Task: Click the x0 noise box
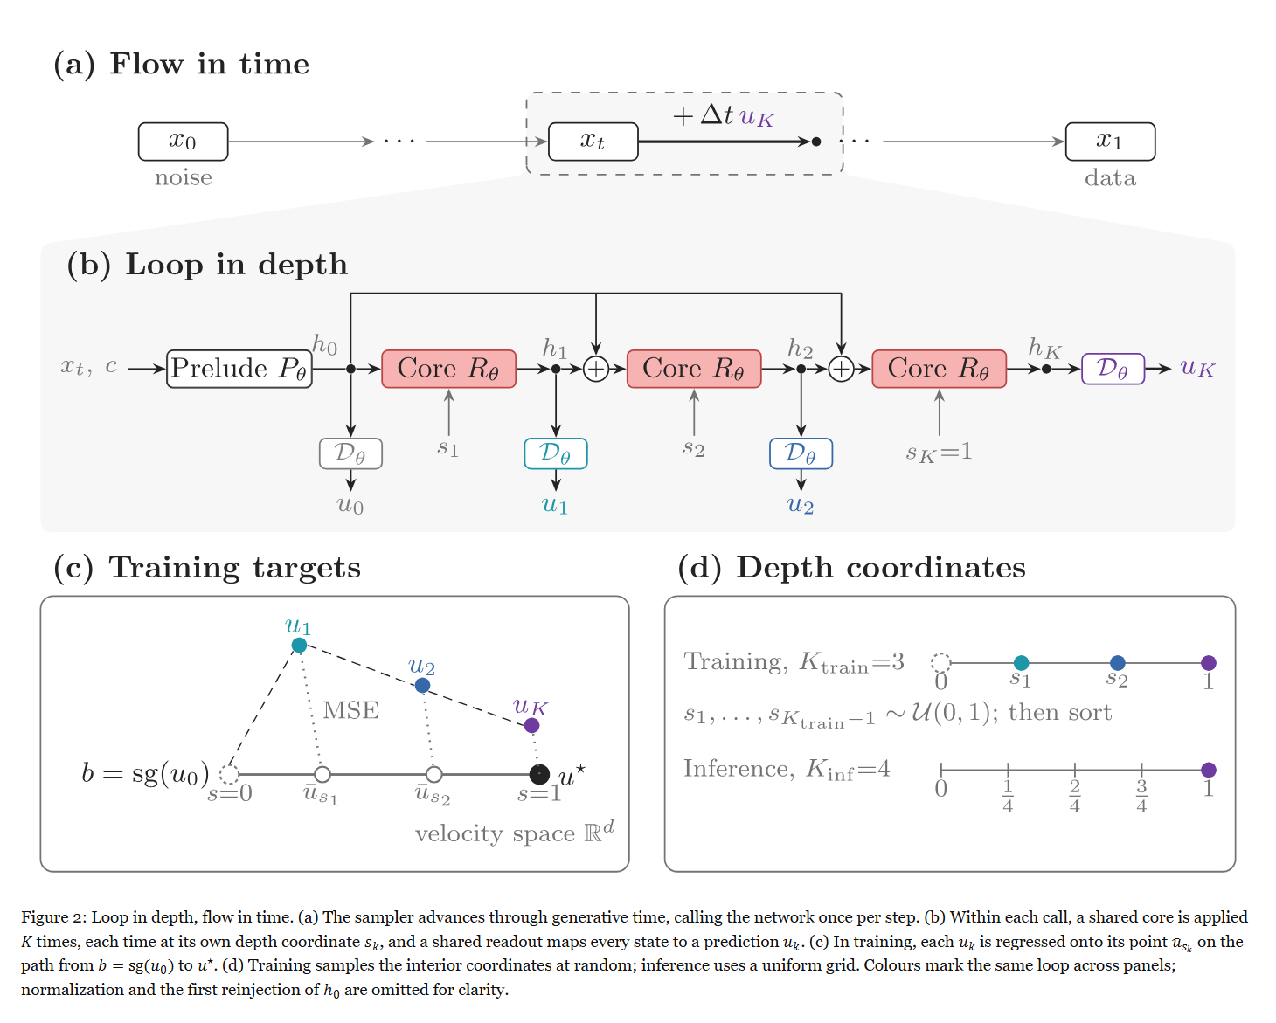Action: point(183,141)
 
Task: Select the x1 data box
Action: point(1109,141)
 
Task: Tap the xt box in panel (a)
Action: point(593,141)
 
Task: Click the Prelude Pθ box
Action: point(239,369)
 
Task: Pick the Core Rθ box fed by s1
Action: point(448,369)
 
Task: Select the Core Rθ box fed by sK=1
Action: point(939,369)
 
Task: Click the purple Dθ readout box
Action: point(1113,369)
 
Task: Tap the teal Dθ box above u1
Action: point(556,453)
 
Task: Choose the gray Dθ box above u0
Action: point(350,453)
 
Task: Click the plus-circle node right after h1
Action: point(596,369)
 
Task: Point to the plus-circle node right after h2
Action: point(841,369)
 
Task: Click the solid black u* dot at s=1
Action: point(539,773)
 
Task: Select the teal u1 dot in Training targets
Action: point(300,645)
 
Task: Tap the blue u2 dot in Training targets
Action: point(422,685)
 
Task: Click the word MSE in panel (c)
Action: point(351,710)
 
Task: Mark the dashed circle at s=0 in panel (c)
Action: point(229,773)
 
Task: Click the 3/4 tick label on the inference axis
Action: point(1141,796)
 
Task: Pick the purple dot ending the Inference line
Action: point(1209,770)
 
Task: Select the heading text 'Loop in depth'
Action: point(237,265)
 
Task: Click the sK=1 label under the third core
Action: point(940,453)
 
